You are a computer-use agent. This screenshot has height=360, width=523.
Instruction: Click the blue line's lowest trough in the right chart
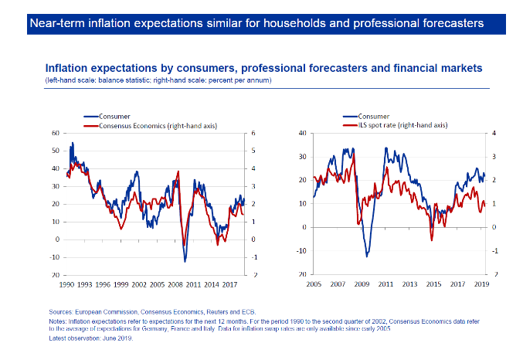point(367,256)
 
